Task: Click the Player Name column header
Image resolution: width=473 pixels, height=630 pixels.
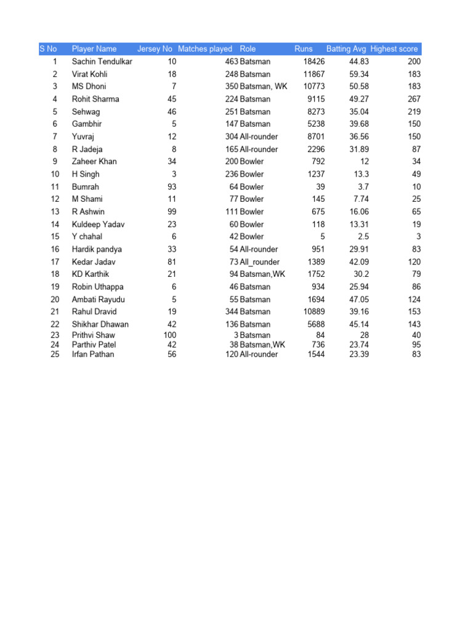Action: tap(94, 49)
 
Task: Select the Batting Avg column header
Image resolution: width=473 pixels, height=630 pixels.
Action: tap(346, 49)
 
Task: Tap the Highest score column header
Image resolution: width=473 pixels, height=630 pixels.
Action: tap(394, 49)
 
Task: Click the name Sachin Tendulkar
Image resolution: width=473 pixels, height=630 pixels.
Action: tap(102, 62)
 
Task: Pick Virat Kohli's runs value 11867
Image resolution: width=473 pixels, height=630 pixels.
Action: tap(314, 74)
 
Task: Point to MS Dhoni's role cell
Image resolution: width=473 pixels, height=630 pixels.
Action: tap(263, 86)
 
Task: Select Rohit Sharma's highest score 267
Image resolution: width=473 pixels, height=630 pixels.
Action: tap(414, 99)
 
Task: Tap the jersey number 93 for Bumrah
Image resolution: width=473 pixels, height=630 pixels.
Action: tap(172, 186)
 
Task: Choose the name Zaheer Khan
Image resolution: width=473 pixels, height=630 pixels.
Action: tap(94, 161)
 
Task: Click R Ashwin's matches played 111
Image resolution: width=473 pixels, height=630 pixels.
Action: tap(232, 212)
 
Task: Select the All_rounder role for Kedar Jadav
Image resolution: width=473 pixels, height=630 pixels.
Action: tap(259, 261)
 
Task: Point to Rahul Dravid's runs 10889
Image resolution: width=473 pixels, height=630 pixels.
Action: tap(314, 311)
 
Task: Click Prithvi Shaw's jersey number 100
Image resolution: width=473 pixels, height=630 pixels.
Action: tap(169, 335)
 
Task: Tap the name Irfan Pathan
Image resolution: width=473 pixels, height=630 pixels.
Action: tap(93, 354)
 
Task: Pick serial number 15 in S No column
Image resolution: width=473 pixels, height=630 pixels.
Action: tap(55, 236)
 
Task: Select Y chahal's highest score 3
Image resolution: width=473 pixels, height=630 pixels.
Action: tap(418, 236)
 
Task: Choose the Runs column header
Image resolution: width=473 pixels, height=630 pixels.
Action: tap(304, 49)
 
